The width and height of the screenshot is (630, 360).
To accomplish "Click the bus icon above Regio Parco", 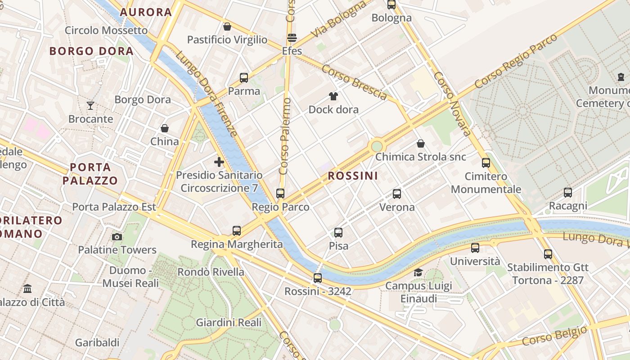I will (x=280, y=193).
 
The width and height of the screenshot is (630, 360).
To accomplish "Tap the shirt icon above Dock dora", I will (x=333, y=96).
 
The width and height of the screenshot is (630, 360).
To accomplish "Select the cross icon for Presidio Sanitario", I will (x=219, y=162).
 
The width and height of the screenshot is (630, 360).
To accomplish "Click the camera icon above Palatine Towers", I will (x=117, y=237).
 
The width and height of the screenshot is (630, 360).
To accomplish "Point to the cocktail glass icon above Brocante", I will (x=90, y=106).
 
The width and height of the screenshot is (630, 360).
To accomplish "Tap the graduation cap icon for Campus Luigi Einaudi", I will (x=418, y=272).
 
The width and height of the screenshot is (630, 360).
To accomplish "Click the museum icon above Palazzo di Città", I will (x=27, y=288).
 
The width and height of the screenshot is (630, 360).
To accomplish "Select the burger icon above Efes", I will (x=292, y=38).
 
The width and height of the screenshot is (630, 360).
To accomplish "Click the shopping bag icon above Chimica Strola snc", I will (x=421, y=144).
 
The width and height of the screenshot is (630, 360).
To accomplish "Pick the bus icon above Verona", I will (x=397, y=194).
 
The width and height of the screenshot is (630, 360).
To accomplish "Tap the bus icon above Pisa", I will (x=338, y=233).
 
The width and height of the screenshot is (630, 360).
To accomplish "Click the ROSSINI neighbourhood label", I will (x=353, y=176).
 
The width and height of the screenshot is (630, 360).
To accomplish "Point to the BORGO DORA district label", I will (x=91, y=51).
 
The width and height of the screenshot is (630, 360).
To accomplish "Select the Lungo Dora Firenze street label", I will (x=206, y=94).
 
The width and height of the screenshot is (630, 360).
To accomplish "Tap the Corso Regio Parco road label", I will (x=516, y=60).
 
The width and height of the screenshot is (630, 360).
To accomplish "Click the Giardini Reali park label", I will (x=229, y=323).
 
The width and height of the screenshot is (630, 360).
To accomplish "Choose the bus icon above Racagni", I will (x=568, y=193).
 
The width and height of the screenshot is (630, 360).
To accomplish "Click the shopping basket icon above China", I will (x=165, y=128).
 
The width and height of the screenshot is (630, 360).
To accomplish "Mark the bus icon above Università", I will (x=475, y=248).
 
